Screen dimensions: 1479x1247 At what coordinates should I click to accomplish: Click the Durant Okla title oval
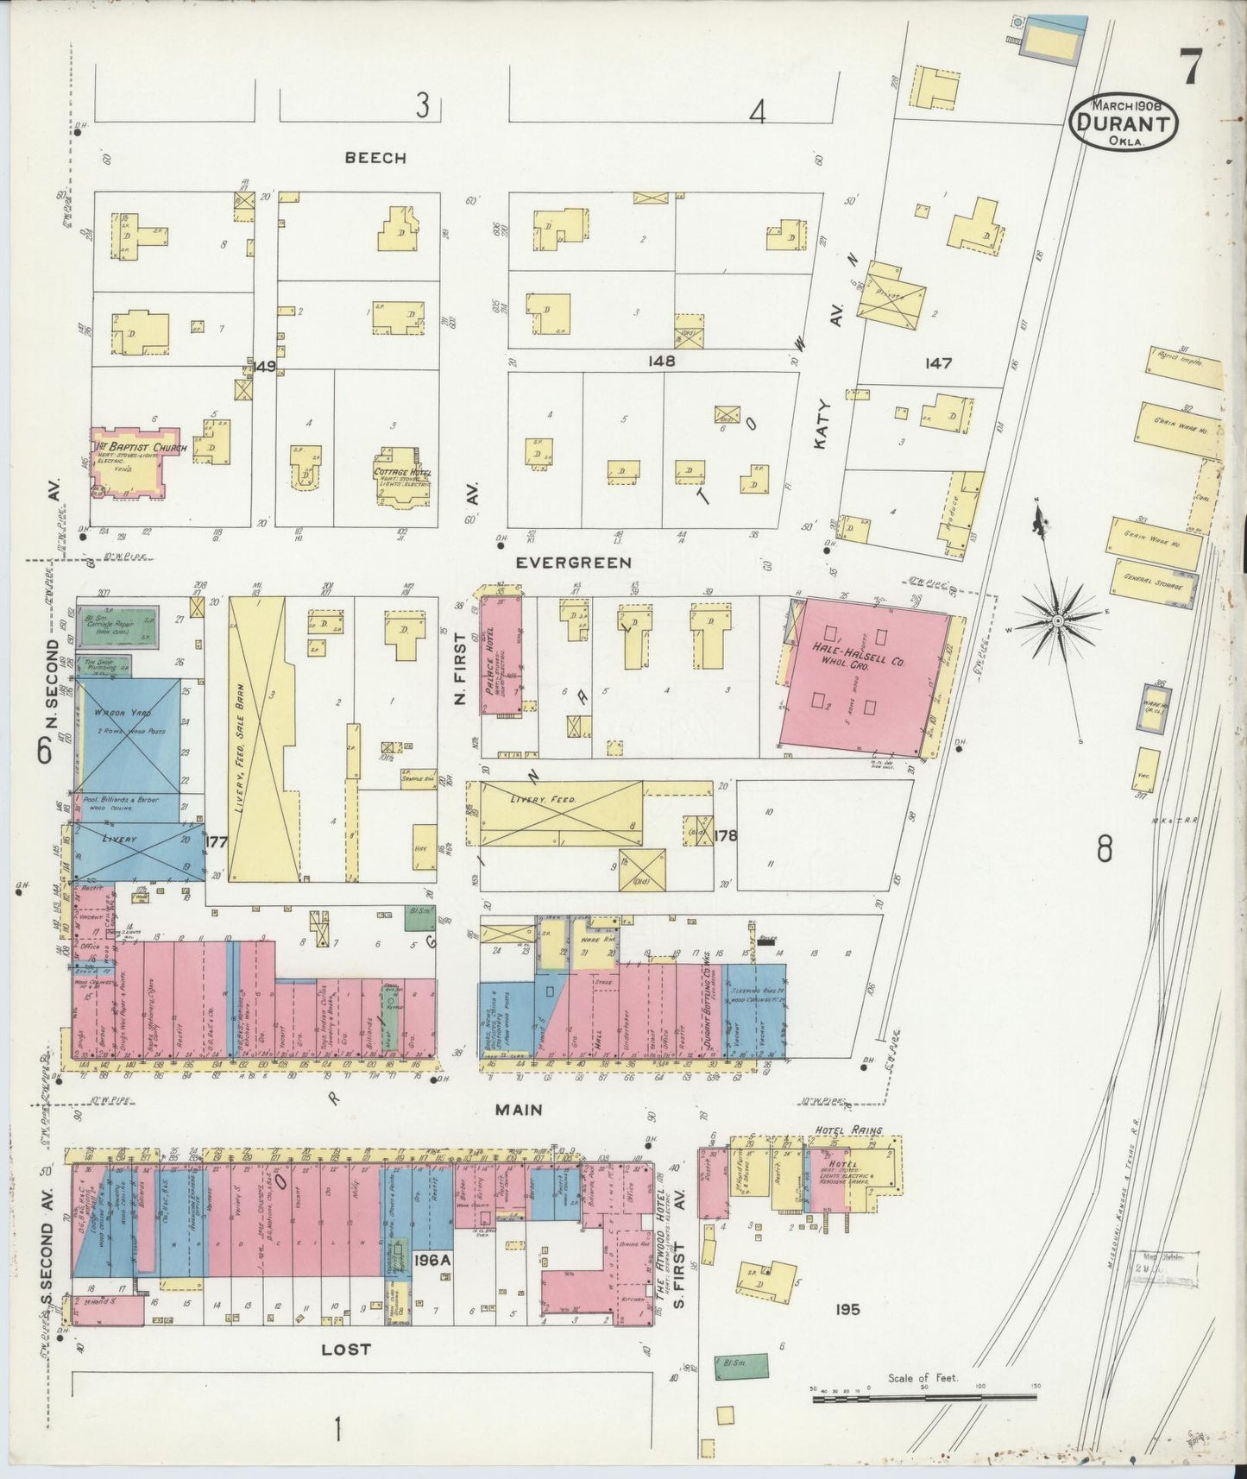[x=1123, y=123]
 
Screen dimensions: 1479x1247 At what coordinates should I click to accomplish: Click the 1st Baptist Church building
[x=130, y=462]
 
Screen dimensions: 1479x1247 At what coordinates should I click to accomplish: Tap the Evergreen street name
[x=573, y=563]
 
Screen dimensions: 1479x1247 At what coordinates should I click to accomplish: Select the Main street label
[x=518, y=1110]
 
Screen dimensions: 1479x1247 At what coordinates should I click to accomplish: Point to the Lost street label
[x=347, y=1350]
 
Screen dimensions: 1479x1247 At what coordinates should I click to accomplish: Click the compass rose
[x=1057, y=620]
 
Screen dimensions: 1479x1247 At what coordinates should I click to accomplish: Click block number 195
[x=847, y=1310]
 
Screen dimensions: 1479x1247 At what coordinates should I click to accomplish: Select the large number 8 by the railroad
[x=1105, y=851]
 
